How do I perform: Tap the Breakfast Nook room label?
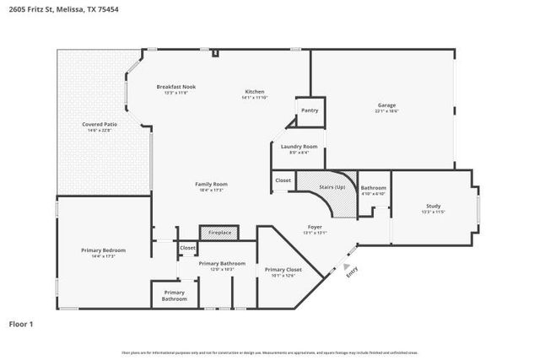[176, 87]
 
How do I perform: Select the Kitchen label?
[255, 91]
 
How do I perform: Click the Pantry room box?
[309, 110]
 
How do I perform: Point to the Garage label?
[386, 105]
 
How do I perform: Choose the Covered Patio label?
[100, 124]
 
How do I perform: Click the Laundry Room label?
[299, 146]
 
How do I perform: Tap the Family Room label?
[211, 184]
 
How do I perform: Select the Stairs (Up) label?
[332, 186]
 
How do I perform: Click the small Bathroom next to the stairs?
[373, 188]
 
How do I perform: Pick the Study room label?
[433, 206]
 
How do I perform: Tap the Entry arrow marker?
[346, 271]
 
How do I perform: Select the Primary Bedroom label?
[103, 250]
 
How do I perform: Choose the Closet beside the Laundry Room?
[283, 180]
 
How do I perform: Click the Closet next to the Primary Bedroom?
[187, 248]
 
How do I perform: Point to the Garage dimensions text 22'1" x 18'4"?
[386, 110]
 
